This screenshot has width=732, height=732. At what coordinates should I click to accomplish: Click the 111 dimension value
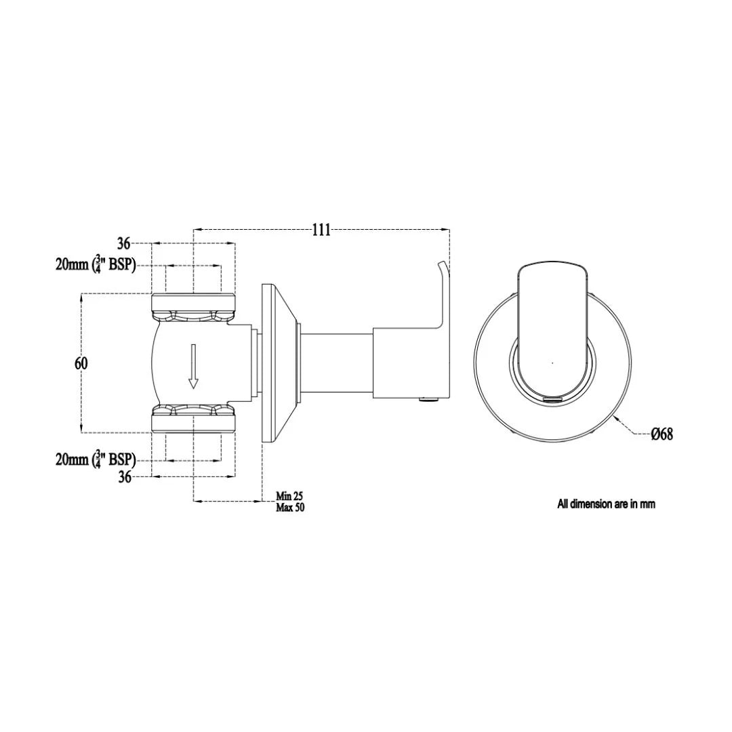(321, 230)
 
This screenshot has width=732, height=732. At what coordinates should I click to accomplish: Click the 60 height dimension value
(81, 363)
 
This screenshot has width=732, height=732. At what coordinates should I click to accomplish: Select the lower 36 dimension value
(125, 478)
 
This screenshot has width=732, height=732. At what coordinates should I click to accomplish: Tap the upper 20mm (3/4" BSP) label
(96, 265)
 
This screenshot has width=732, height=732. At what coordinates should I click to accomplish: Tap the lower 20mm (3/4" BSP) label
(96, 460)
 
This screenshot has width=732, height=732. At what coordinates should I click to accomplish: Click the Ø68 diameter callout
(662, 434)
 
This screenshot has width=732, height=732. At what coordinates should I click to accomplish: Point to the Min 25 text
(289, 497)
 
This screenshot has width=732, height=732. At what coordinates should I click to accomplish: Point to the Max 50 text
(290, 508)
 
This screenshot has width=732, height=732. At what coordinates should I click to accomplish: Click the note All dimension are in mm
(606, 504)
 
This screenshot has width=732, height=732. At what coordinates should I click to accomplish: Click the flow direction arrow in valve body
(193, 367)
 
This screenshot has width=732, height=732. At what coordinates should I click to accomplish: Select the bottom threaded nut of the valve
(193, 419)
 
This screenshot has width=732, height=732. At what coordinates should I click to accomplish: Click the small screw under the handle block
(426, 400)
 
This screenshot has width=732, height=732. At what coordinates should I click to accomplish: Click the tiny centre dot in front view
(552, 363)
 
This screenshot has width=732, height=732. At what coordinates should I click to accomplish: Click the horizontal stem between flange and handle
(337, 363)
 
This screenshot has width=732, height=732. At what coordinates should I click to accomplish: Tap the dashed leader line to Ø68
(633, 428)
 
